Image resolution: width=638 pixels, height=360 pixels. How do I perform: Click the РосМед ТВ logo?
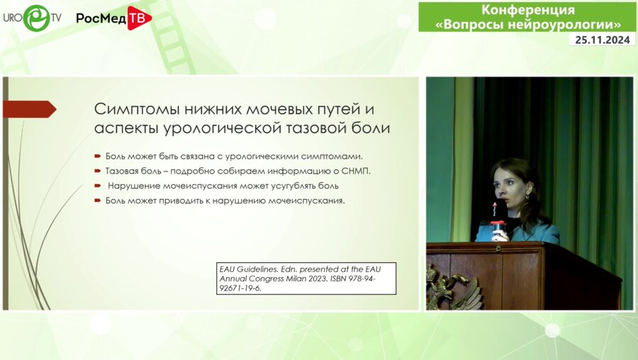[113, 18]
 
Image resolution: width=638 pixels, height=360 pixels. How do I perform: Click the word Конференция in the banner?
[528, 10]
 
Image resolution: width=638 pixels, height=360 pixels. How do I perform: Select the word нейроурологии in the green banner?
[567, 25]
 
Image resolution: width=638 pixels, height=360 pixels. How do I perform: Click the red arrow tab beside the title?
[29, 109]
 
